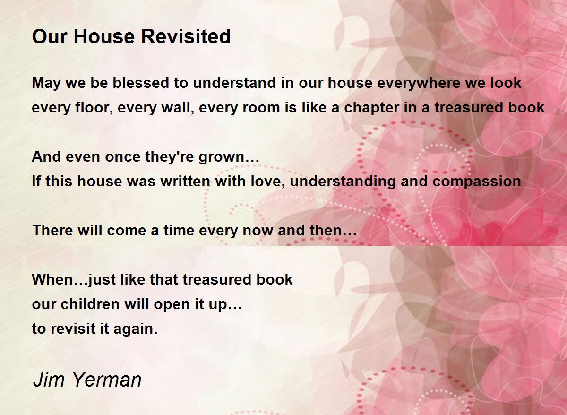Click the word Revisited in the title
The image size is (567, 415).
(x=186, y=36)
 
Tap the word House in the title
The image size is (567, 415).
(x=104, y=36)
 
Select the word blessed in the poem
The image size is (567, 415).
(x=141, y=83)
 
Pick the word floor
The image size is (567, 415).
(x=94, y=108)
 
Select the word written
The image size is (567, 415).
(x=185, y=182)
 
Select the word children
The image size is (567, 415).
(x=90, y=304)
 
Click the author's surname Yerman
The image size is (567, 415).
(x=107, y=380)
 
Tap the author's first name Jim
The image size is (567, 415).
(x=48, y=380)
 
